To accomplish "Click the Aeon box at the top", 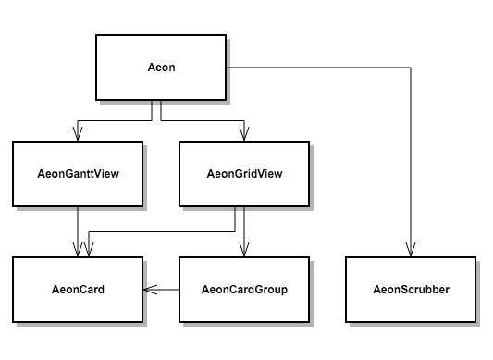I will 161,69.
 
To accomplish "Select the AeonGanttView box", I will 78,173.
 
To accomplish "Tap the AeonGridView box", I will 243,173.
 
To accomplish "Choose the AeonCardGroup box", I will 243,290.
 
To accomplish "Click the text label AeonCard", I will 78,290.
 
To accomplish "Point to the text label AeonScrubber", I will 411,290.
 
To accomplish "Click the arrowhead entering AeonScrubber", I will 411,250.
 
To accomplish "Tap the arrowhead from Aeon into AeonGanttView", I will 78,134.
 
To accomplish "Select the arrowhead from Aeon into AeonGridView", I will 243,134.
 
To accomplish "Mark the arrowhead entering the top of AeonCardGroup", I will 243,250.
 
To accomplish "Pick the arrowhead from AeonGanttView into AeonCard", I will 78,250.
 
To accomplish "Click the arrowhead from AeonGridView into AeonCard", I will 89,250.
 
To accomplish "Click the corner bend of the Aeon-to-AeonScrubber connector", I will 411,68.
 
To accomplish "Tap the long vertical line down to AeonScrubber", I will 411,157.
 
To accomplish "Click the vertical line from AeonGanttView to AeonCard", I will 78,227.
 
